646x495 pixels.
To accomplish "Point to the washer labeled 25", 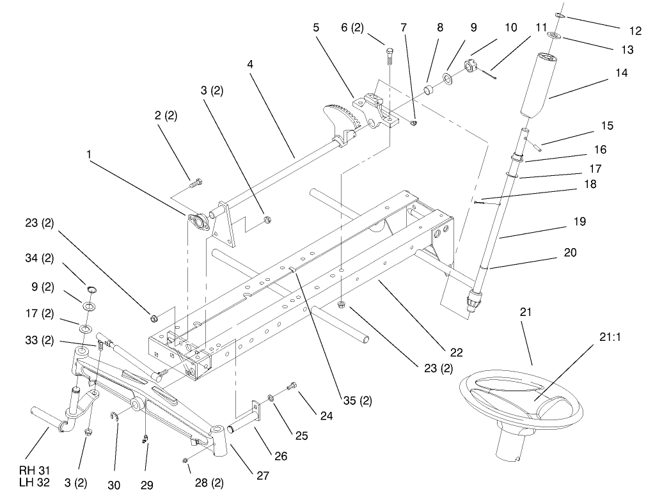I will point(272,399).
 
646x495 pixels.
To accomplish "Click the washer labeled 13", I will point(556,35).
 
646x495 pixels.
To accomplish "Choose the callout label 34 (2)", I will point(40,258).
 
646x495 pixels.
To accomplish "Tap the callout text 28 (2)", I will point(208,483).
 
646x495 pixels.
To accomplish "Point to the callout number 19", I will point(579,221).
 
